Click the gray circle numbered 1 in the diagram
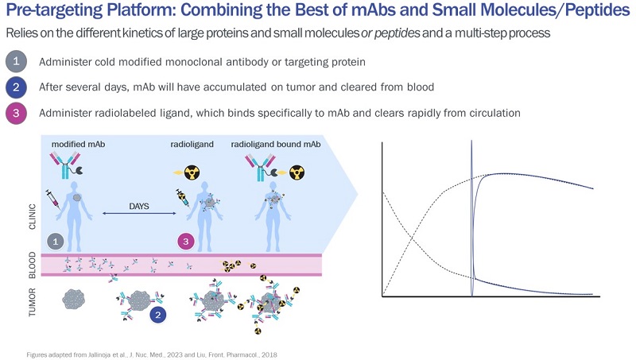click(x=55, y=239)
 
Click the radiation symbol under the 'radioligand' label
click(x=191, y=172)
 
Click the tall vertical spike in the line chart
click(x=471, y=207)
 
